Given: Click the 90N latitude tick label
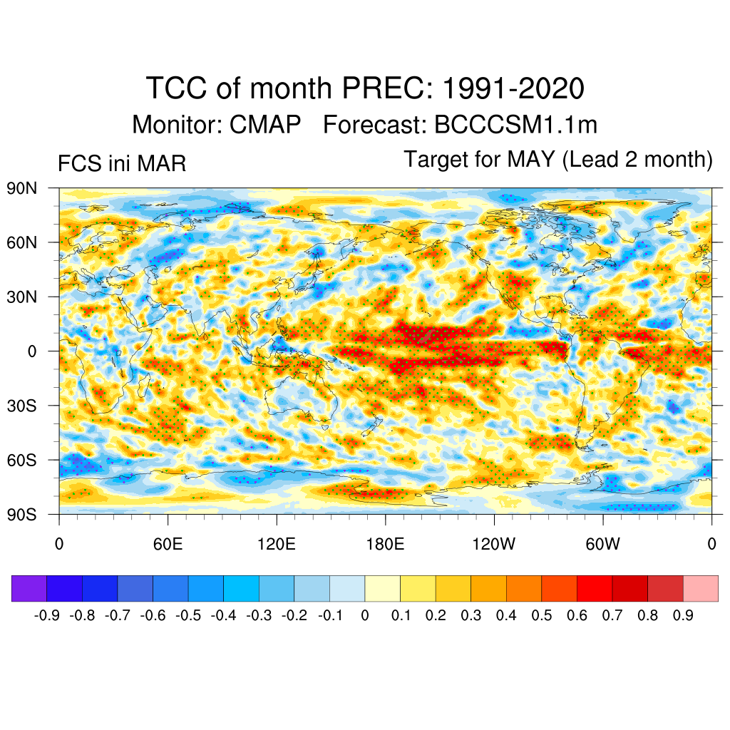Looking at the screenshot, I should click(x=22, y=188).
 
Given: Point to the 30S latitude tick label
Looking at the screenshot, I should click(x=22, y=406).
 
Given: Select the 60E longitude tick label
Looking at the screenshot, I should click(x=168, y=544).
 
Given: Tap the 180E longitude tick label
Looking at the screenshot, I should click(x=385, y=544).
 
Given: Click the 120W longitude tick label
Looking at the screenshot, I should click(x=493, y=544).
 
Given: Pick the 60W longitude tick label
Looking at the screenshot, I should click(x=602, y=544).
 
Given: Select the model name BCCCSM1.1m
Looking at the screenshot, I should click(x=515, y=125).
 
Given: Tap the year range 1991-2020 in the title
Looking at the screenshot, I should click(x=513, y=89).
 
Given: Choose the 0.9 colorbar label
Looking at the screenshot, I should click(x=683, y=615).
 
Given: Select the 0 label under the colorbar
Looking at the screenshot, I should click(x=365, y=615).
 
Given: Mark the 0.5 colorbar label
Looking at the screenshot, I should click(x=542, y=615).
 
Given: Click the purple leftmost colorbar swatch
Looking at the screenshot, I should click(x=29, y=588).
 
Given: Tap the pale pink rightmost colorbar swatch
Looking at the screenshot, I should click(x=700, y=588).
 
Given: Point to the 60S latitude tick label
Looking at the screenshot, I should click(x=22, y=460).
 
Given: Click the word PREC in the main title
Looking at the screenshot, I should click(x=386, y=89).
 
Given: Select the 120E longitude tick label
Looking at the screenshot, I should click(x=276, y=544).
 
